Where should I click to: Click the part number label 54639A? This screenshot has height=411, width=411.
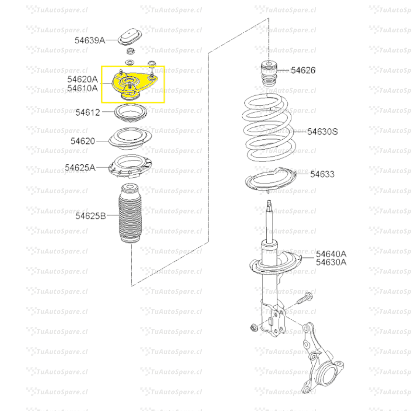(x=90, y=40)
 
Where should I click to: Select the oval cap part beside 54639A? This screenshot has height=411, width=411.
(x=130, y=37)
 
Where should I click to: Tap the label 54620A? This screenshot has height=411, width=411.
(x=82, y=79)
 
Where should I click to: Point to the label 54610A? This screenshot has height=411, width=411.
(x=82, y=88)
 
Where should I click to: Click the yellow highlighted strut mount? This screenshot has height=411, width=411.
(x=134, y=84)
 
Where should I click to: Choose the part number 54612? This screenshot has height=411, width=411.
(x=88, y=112)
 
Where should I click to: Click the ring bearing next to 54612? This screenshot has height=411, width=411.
(x=131, y=113)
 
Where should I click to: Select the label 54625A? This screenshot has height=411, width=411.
(x=80, y=167)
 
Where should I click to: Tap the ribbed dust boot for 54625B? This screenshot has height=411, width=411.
(x=130, y=213)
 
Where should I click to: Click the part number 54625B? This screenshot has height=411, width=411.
(x=91, y=216)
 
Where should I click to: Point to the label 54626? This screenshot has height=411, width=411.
(x=303, y=70)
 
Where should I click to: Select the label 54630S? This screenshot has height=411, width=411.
(x=322, y=132)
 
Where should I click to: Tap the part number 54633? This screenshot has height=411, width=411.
(x=322, y=174)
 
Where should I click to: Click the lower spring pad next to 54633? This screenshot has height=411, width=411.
(x=271, y=180)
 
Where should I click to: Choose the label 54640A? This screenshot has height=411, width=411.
(x=331, y=254)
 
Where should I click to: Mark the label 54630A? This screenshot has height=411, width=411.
(x=331, y=262)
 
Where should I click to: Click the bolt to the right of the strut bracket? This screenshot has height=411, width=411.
(x=305, y=299)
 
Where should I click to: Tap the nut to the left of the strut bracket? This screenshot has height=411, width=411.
(x=253, y=327)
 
